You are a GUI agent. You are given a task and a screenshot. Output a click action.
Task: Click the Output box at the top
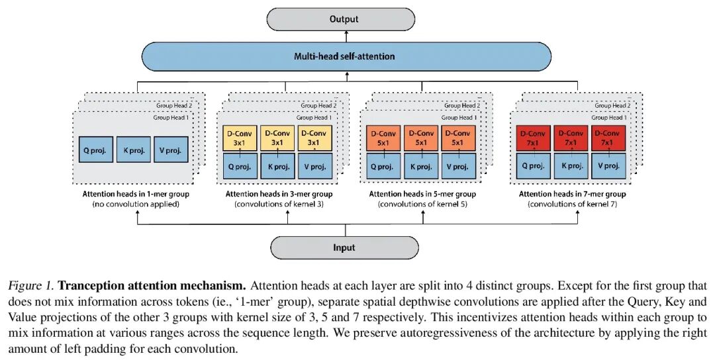pos(344,19)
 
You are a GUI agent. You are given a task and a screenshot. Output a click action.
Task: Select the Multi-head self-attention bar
pos(344,56)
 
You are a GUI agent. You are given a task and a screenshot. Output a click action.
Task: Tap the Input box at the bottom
pos(344,247)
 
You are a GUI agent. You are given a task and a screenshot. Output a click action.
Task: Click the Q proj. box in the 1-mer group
pos(97,150)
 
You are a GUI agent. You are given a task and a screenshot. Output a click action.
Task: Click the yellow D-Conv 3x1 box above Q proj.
pos(239,137)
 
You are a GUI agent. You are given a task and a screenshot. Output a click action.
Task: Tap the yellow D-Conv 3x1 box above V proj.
pos(314,137)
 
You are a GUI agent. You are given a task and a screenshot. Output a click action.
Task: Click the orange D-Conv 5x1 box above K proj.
pos(420,137)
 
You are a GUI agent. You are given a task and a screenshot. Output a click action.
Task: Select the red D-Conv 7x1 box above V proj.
pos(608,137)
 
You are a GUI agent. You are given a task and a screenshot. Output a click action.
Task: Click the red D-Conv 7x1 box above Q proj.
pos(533,137)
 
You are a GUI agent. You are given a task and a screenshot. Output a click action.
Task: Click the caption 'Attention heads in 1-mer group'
pos(135,194)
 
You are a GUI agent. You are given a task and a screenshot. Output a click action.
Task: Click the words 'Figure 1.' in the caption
pos(31,286)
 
